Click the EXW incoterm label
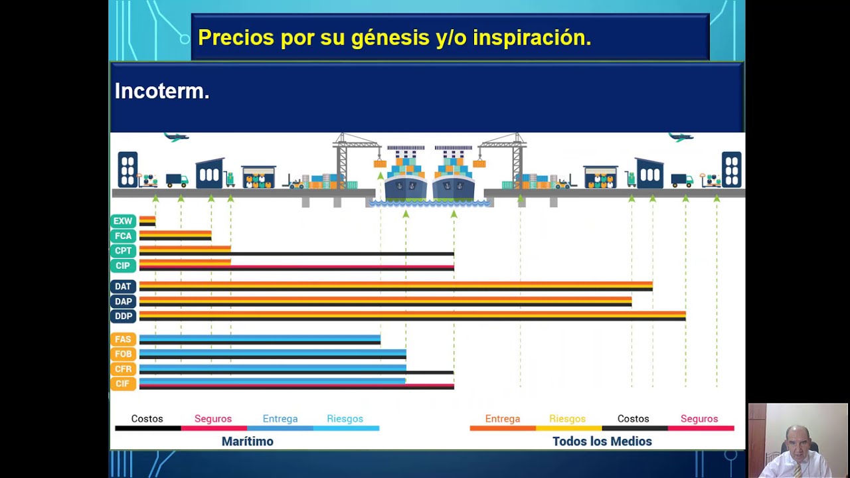(x=123, y=221)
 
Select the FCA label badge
(x=123, y=236)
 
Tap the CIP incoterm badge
(x=123, y=266)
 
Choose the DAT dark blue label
(x=123, y=286)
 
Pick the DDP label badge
(x=123, y=316)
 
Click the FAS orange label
(x=123, y=339)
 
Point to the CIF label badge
(x=123, y=384)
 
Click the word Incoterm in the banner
(x=160, y=91)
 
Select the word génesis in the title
(x=390, y=39)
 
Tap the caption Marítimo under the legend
(x=248, y=441)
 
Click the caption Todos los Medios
(x=602, y=441)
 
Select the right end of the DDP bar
(x=685, y=316)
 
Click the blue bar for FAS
(x=260, y=338)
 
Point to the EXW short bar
(x=147, y=221)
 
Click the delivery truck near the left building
(x=177, y=181)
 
